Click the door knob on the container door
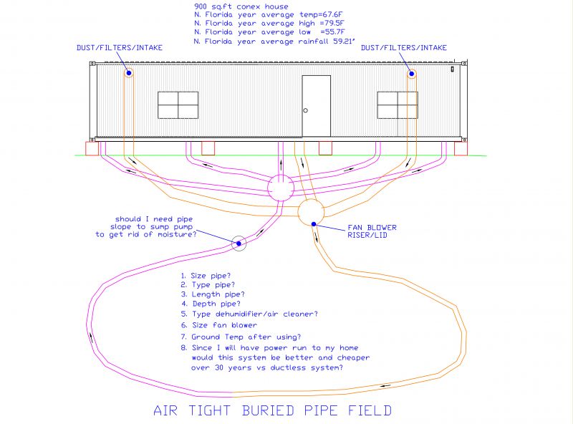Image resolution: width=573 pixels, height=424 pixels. [x=306, y=110]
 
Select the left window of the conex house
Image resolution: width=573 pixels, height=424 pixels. [x=178, y=105]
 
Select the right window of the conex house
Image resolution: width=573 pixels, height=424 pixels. [x=398, y=105]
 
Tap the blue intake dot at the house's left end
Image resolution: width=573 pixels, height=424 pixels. [x=129, y=73]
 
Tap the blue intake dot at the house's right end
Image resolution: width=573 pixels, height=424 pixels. [x=412, y=74]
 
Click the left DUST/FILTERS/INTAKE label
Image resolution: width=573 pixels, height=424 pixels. [x=120, y=47]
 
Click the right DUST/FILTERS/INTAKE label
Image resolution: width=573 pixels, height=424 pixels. [x=404, y=47]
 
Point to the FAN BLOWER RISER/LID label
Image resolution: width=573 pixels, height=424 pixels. [x=372, y=231]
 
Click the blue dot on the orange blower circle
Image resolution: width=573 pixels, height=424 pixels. [x=314, y=223]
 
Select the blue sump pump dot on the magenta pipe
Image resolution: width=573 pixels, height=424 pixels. [x=239, y=244]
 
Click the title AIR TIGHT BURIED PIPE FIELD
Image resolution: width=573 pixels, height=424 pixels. [x=273, y=410]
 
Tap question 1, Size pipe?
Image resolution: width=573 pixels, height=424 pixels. [x=206, y=276]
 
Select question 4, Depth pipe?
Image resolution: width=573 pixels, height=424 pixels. [x=211, y=304]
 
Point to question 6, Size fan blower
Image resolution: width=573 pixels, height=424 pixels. [x=219, y=325]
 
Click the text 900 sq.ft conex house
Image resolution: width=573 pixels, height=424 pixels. [x=241, y=6]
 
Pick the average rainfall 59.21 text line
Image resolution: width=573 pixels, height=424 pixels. [x=274, y=42]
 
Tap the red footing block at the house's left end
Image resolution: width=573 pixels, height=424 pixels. [x=92, y=149]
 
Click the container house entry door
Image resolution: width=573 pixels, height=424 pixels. [x=317, y=106]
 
